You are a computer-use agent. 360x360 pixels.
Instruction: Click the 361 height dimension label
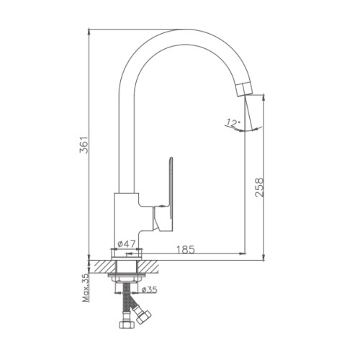pyautogui.click(x=84, y=145)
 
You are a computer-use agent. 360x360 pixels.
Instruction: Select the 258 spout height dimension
pyautogui.click(x=259, y=187)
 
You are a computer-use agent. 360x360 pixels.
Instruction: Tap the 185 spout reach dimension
pyautogui.click(x=186, y=250)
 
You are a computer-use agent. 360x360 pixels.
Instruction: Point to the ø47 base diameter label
pyautogui.click(x=127, y=244)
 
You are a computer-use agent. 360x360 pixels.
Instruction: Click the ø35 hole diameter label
pyautogui.click(x=149, y=290)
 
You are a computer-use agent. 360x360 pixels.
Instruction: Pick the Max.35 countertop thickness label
pyautogui.click(x=86, y=288)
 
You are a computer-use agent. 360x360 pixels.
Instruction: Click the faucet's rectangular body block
pyautogui.click(x=126, y=222)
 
